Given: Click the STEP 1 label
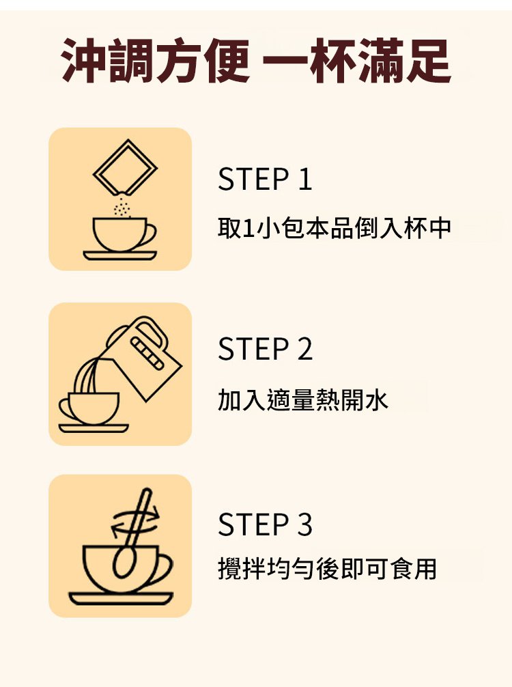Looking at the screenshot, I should tap(265, 180).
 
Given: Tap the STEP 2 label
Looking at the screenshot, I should tap(265, 349).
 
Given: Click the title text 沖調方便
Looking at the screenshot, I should tap(156, 61).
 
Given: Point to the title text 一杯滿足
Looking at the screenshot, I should tap(356, 61).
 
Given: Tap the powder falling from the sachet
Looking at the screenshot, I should tap(122, 206).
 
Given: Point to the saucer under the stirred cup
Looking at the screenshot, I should tap(120, 599).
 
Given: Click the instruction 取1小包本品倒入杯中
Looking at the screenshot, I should tap(335, 229).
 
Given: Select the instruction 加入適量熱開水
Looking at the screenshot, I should tap(303, 399).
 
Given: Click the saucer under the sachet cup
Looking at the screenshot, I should tap(120, 255).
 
